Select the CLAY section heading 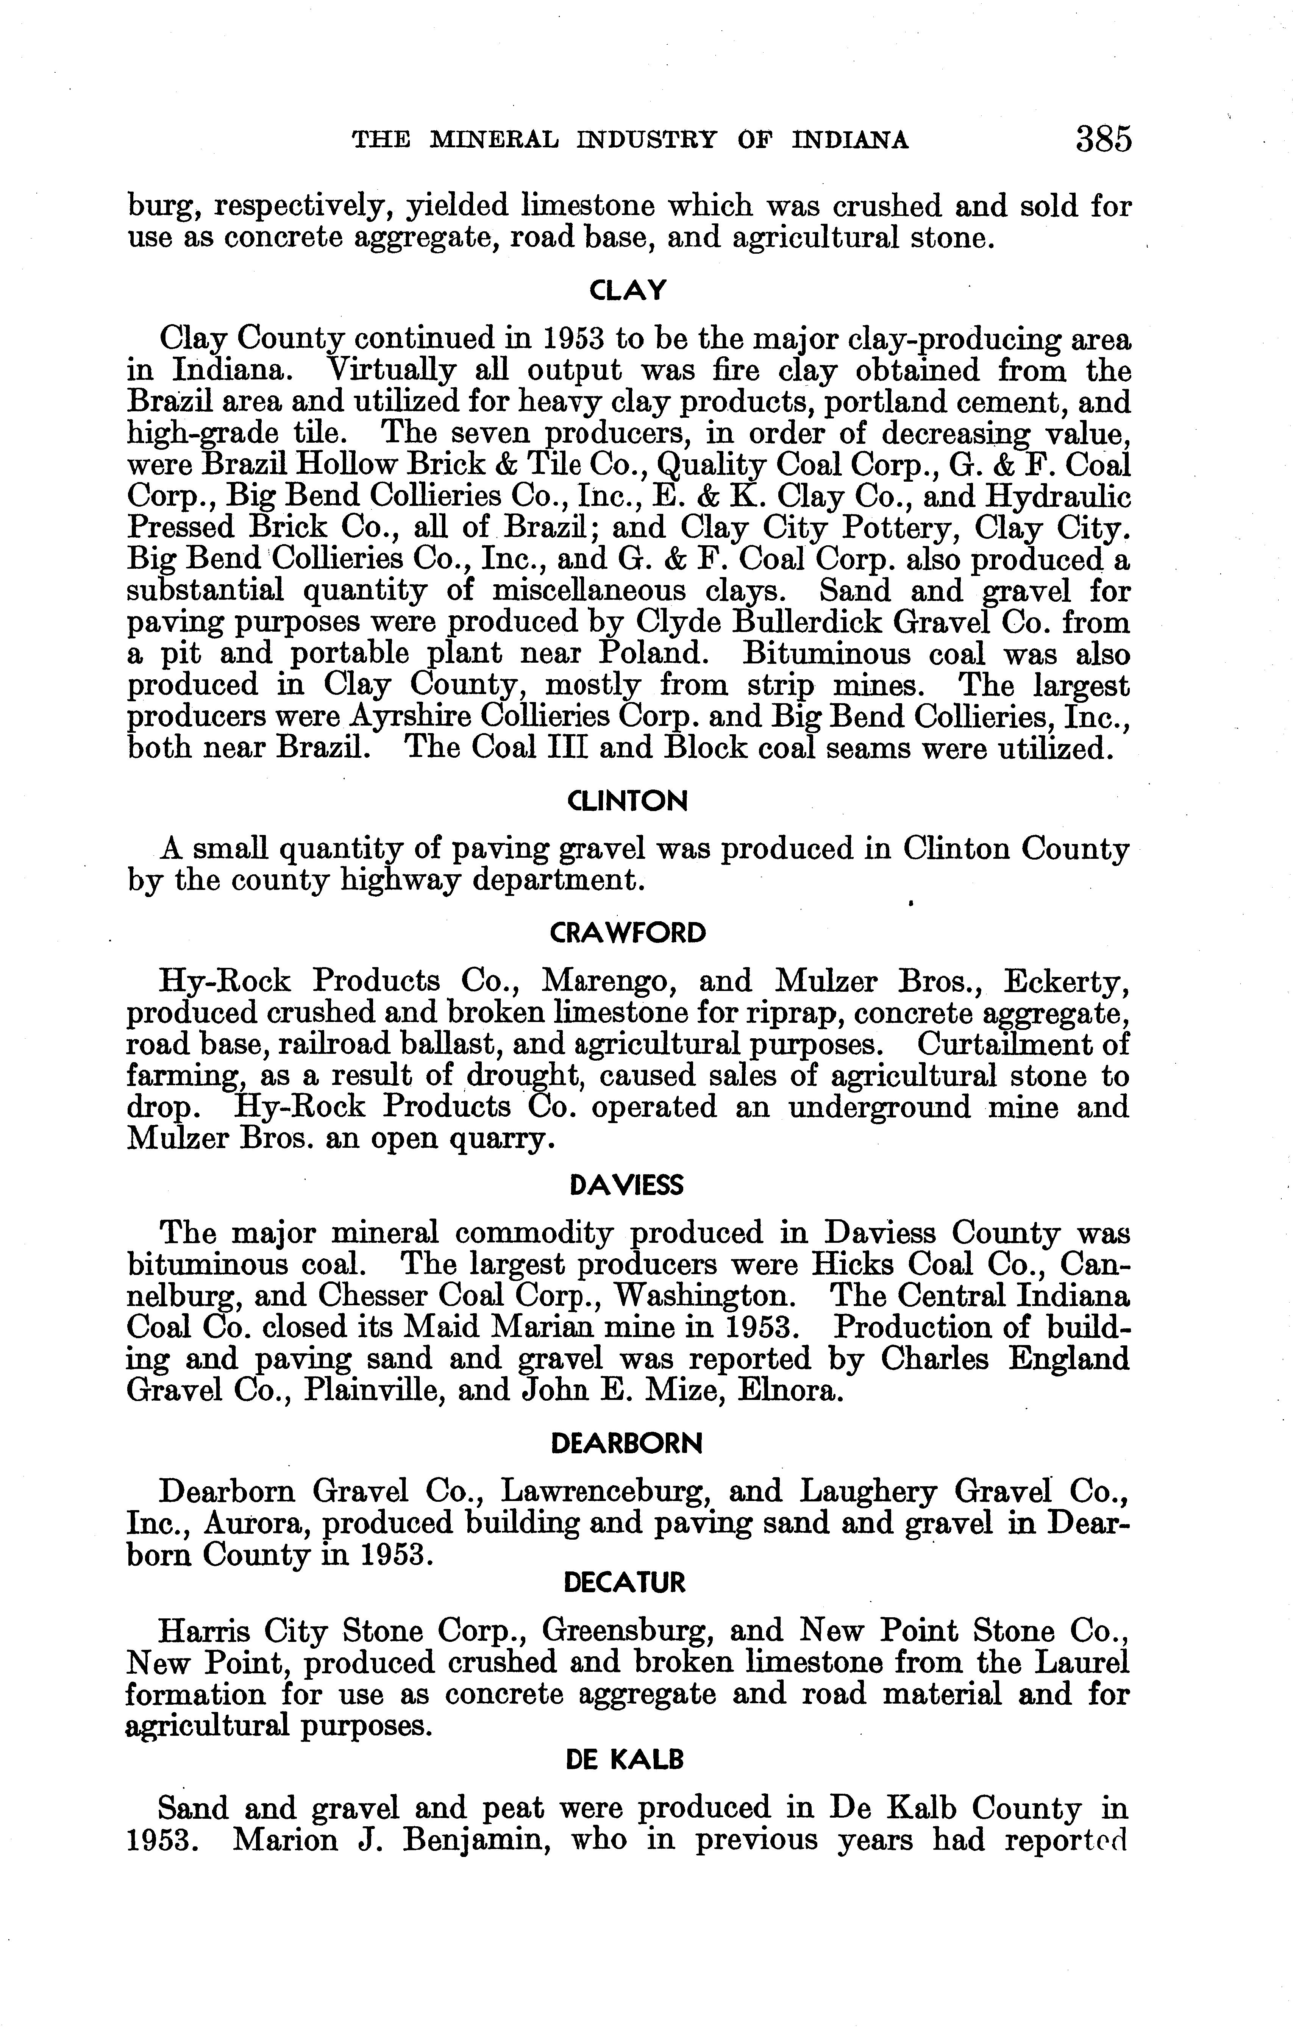[628, 291]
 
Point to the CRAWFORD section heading [628, 933]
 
